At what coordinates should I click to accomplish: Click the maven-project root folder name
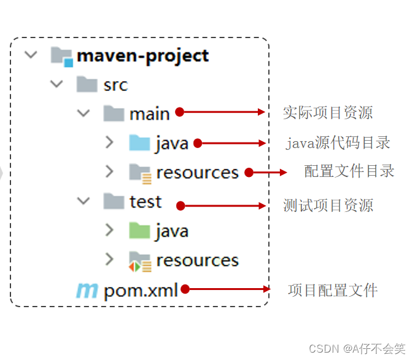coord(142,56)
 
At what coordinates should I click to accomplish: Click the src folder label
coord(115,85)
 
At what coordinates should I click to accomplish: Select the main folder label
coord(149,114)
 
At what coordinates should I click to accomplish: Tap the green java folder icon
coord(139,231)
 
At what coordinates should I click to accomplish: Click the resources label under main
coord(197,173)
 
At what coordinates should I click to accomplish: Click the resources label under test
coord(197,260)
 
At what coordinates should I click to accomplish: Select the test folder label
coord(145,202)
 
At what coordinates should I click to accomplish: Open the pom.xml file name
coord(141,290)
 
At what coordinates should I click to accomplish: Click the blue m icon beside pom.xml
coord(87,291)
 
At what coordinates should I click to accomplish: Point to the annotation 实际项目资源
coord(327,112)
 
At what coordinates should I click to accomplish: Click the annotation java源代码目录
coord(338,143)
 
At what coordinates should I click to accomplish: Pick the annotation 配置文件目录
coord(349,171)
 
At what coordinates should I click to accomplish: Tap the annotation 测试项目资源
coord(328,205)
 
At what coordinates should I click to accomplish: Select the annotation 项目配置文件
coord(332,290)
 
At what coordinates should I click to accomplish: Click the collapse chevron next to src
coord(57,84)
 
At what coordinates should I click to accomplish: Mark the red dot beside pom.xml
coord(185,289)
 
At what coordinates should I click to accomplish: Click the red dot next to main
coord(180,112)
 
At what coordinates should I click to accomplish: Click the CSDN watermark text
coord(357,348)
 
